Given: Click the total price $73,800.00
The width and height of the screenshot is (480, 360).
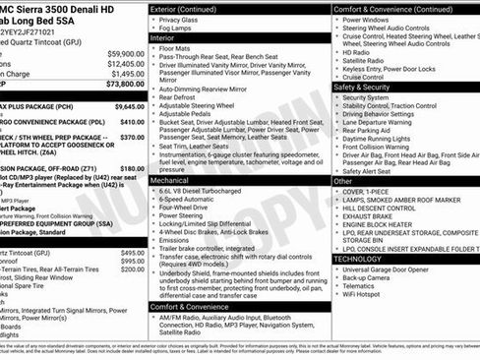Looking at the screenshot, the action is coord(121,86).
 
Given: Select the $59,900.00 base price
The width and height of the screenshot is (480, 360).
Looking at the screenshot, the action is coord(126,53).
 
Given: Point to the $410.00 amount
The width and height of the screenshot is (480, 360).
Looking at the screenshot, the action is coord(132,121).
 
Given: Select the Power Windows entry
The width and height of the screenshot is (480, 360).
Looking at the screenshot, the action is coord(369,19).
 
